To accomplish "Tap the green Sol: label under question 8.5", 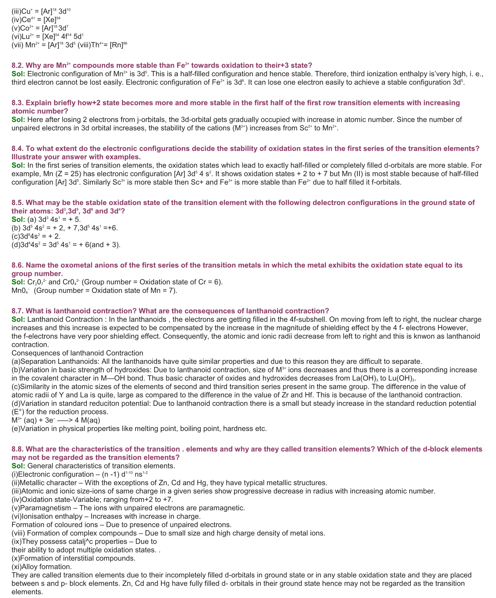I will point(18,220).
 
